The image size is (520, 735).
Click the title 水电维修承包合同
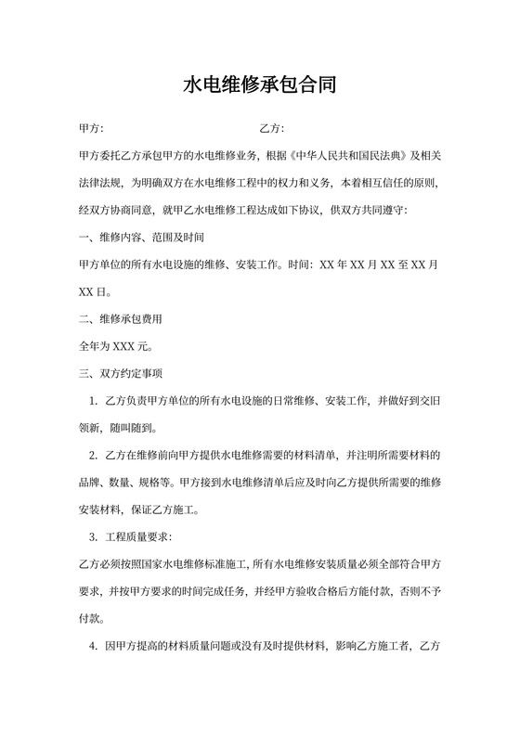click(x=259, y=86)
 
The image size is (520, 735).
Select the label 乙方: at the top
click(x=271, y=128)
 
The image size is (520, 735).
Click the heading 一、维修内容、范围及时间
click(x=136, y=237)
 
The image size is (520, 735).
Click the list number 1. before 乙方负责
click(x=94, y=402)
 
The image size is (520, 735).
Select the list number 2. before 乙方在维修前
click(x=94, y=456)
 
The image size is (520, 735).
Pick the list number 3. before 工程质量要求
click(x=94, y=537)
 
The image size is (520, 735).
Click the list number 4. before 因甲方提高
click(x=94, y=646)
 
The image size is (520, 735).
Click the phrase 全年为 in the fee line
click(x=96, y=347)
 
